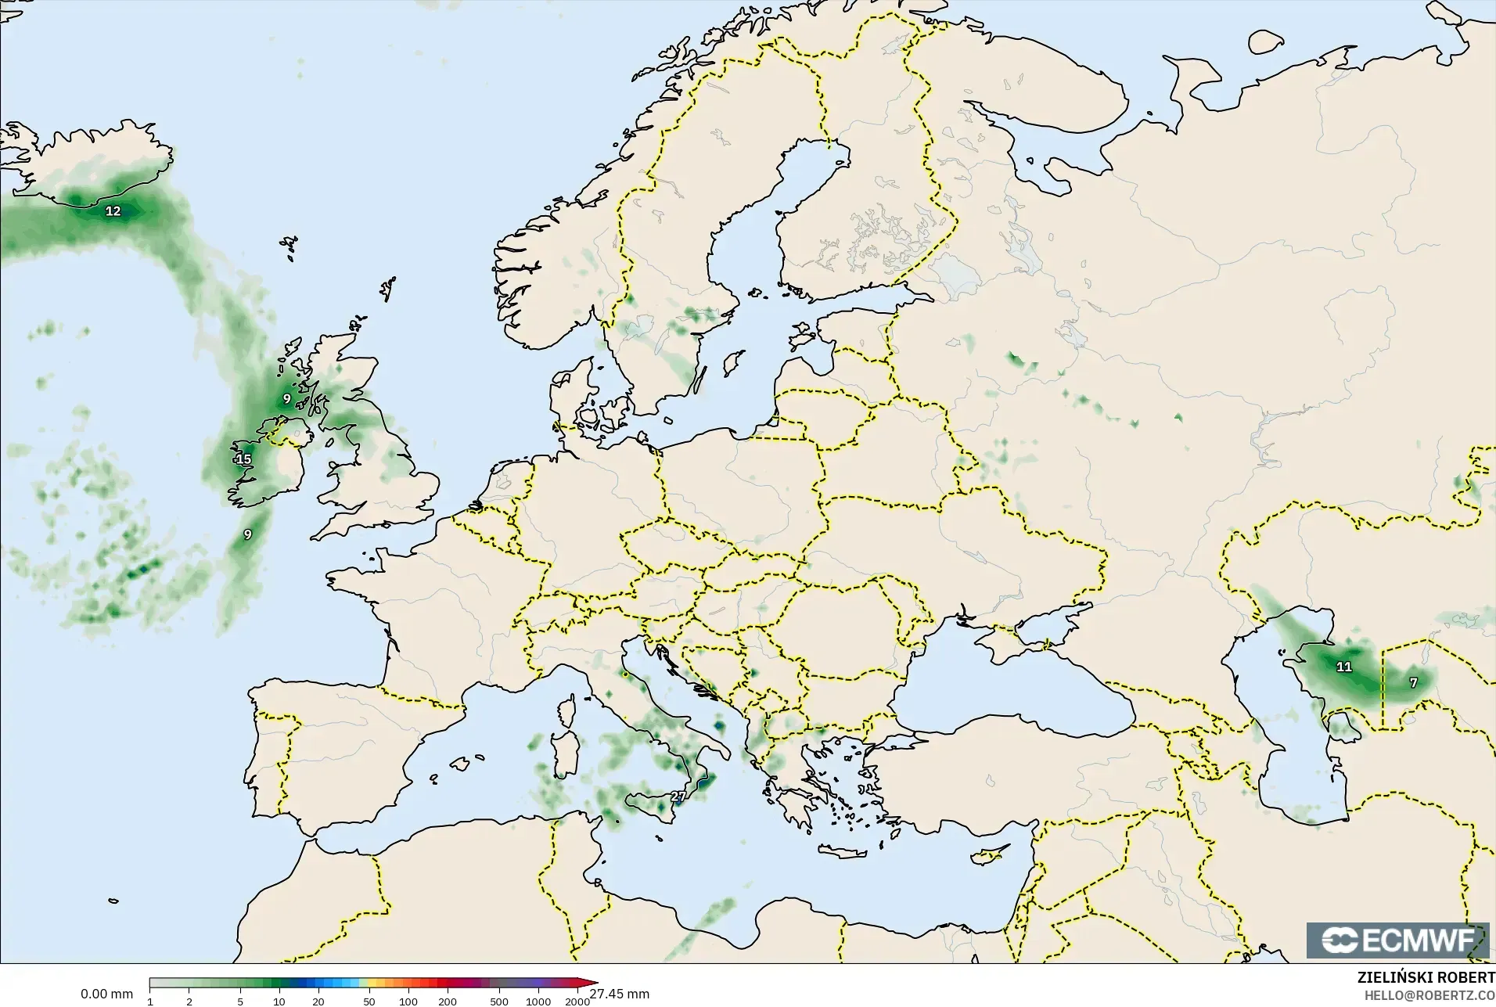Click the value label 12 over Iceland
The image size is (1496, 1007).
click(x=113, y=211)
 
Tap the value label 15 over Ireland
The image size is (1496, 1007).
click(x=243, y=459)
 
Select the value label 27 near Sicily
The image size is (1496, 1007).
click(x=678, y=797)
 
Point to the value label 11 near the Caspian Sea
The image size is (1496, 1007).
click(x=1344, y=667)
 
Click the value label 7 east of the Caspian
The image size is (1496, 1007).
click(x=1413, y=682)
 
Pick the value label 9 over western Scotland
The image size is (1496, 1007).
click(x=286, y=398)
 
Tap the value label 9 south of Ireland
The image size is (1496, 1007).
click(x=247, y=534)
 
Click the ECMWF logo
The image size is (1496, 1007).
click(x=1397, y=940)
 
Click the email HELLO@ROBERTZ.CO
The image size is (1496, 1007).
click(x=1430, y=995)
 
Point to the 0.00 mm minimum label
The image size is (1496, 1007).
click(x=106, y=994)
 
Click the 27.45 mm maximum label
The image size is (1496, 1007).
click(x=620, y=994)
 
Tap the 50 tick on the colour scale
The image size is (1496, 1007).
click(x=369, y=1002)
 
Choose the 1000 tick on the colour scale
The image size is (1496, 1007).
click(x=538, y=1002)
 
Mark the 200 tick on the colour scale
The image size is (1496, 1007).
click(x=448, y=1002)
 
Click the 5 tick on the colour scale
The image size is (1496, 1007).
click(x=240, y=1002)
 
